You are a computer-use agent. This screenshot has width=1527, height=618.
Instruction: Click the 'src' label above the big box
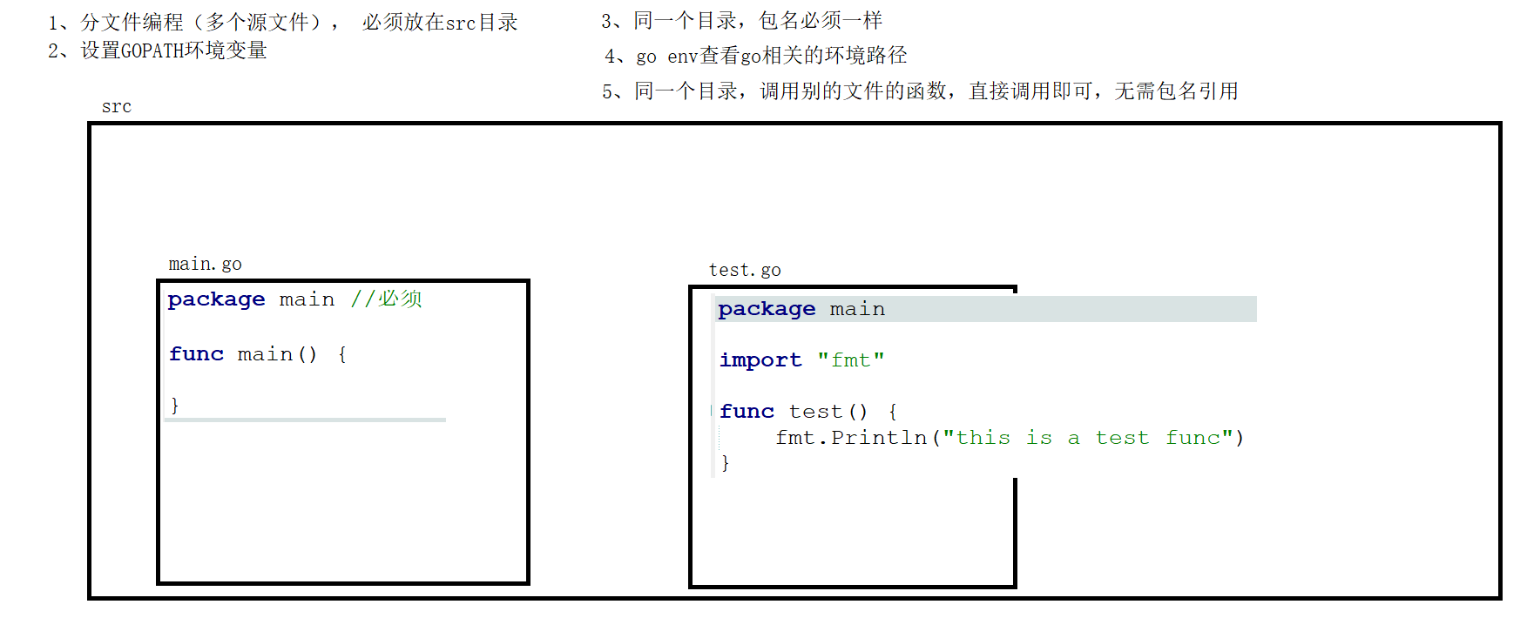coord(116,107)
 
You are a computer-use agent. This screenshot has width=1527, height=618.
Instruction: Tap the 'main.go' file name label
coord(205,264)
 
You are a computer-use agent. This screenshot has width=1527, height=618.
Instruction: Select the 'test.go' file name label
coord(745,270)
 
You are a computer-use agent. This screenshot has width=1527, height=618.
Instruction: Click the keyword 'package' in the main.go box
coord(216,299)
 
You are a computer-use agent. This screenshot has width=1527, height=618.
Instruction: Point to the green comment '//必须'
coord(386,299)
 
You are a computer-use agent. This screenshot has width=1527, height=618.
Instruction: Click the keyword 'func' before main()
coord(196,354)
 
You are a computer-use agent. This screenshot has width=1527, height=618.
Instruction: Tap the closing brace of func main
coord(175,405)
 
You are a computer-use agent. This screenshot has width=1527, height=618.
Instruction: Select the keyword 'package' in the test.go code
coord(767,309)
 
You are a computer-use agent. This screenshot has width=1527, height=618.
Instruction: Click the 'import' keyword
coord(760,360)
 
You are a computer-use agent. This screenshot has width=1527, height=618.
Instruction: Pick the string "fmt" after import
coord(850,360)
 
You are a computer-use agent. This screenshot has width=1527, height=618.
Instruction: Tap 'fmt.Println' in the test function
coord(850,438)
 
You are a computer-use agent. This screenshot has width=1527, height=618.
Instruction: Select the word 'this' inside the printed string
coord(983,438)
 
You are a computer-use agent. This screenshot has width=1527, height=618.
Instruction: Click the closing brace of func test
coord(725,463)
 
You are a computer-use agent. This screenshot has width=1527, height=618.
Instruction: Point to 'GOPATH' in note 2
coord(152,51)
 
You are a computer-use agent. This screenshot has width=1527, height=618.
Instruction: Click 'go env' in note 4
coord(666,57)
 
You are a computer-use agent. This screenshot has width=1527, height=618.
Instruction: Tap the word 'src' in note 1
coord(460,23)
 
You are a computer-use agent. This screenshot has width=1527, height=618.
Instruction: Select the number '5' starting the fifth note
coord(608,91)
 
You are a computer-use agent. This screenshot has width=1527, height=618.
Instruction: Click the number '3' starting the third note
coord(607,21)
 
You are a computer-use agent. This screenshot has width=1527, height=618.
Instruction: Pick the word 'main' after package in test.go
coord(857,309)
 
